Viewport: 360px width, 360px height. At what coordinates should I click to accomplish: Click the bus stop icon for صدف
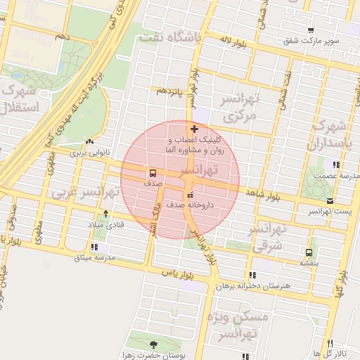pos(153,172)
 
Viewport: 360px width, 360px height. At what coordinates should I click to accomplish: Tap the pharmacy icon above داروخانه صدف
pos(189,195)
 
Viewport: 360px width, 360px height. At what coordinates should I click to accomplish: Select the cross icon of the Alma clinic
pos(195,129)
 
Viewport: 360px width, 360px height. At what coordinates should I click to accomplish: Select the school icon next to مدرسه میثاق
pos(105,247)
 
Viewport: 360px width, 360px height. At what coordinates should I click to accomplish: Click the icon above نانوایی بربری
pos(89,141)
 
